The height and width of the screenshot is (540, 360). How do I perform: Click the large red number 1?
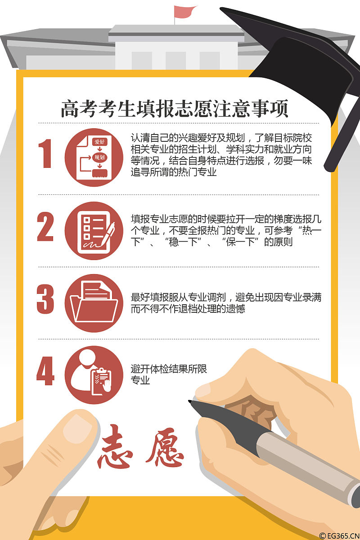tap(45, 153)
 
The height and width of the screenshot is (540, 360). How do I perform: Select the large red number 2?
tap(45, 226)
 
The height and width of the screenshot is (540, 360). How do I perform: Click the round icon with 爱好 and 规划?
tap(94, 157)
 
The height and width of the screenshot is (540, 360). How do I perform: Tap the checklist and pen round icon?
tap(94, 230)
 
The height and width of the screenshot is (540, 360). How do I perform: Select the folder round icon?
tap(94, 303)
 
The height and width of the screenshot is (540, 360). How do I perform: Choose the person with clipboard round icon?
tap(94, 375)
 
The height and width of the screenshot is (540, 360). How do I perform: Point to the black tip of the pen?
tap(191, 402)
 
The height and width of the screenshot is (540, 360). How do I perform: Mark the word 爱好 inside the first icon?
tap(99, 142)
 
